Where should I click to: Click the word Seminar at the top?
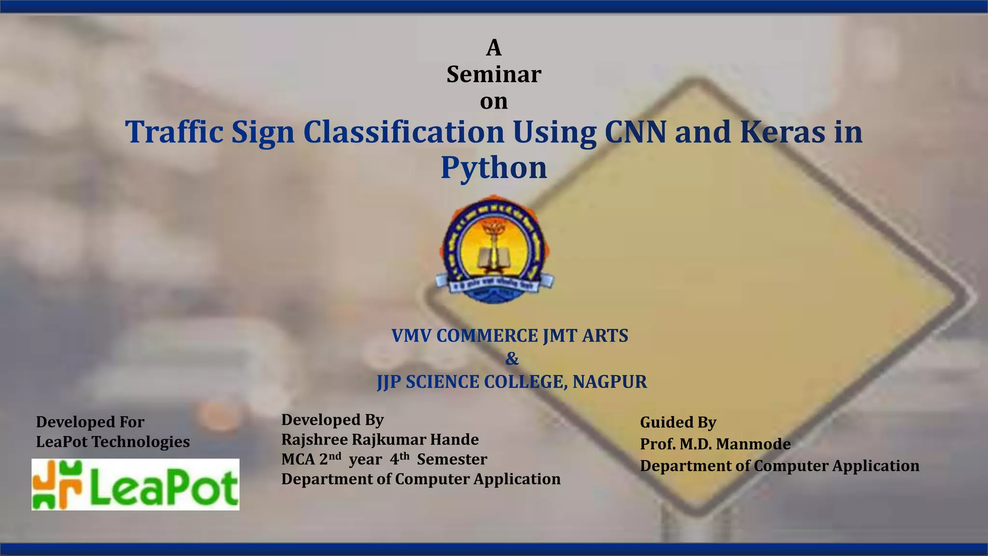click(494, 74)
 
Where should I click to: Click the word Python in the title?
click(494, 168)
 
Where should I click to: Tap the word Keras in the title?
click(782, 132)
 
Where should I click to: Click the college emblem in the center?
click(494, 249)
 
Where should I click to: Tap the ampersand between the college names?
click(512, 359)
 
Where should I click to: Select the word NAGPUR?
click(610, 382)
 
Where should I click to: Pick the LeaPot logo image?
click(136, 484)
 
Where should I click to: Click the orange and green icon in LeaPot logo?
click(57, 484)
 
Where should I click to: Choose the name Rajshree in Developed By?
click(314, 440)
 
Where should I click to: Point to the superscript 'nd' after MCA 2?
click(335, 456)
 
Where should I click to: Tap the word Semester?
click(452, 460)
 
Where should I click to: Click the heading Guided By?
click(678, 422)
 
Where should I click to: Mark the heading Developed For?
click(90, 422)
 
